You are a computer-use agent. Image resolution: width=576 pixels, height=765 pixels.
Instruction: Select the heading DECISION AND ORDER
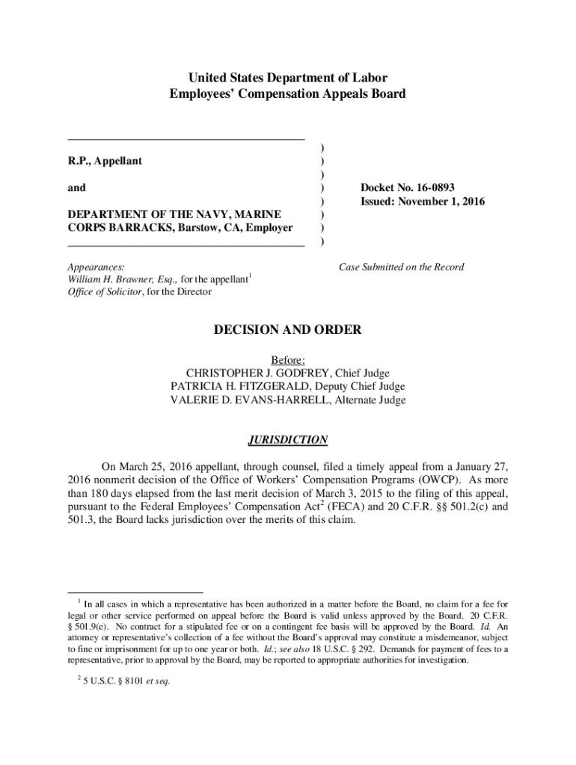coord(288,329)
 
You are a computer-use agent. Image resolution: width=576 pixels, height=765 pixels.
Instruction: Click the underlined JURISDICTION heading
coord(288,440)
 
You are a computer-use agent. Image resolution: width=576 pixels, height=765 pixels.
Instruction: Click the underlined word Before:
coord(288,359)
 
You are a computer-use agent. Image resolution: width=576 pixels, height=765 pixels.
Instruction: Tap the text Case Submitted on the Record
coord(402,267)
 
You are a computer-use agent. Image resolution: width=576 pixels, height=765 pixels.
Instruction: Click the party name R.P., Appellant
coord(105,161)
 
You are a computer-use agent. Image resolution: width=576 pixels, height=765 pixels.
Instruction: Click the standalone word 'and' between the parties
coord(76,188)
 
